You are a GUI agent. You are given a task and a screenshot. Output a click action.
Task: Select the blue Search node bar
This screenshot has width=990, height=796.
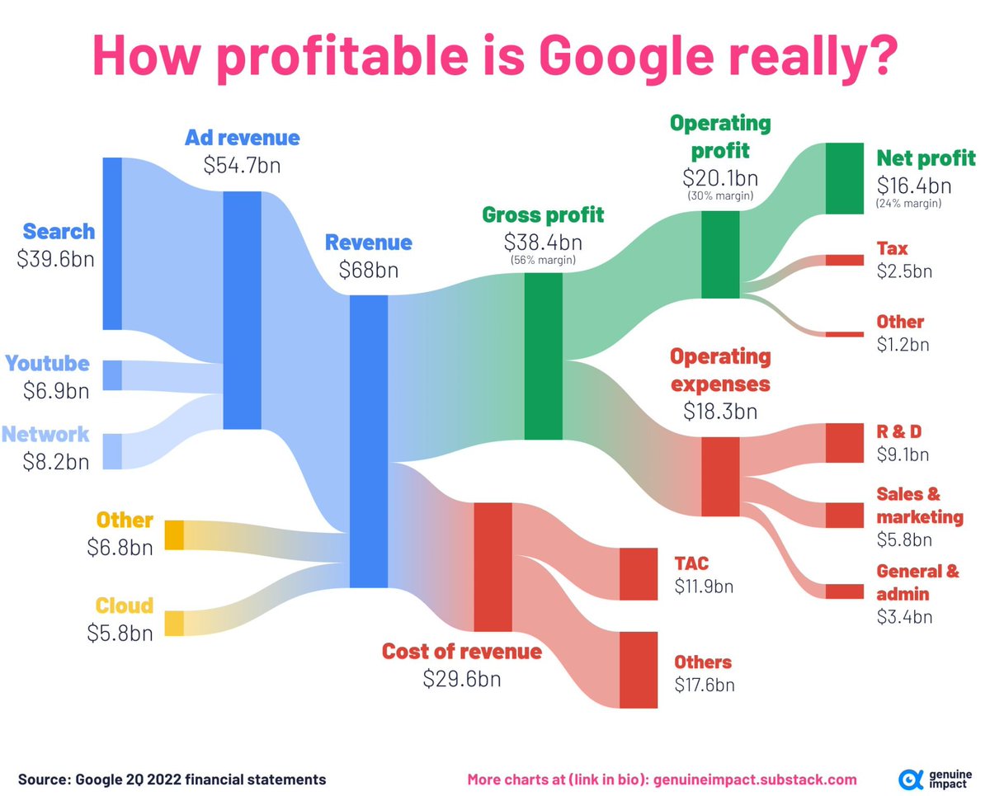point(112,243)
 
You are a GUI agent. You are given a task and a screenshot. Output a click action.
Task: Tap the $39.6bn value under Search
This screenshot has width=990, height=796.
point(55,259)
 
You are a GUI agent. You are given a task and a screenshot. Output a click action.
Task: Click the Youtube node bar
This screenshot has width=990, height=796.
point(112,375)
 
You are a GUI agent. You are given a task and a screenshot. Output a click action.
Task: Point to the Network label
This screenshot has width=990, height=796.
point(45,434)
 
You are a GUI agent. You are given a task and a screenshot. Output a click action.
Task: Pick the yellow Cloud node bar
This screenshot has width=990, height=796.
point(175,623)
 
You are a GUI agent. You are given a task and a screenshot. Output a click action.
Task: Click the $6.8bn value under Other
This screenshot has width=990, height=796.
point(120,547)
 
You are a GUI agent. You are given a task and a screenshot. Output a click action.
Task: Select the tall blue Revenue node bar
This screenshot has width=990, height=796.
point(369,441)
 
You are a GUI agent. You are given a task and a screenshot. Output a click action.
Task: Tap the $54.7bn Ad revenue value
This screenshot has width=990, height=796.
point(242,165)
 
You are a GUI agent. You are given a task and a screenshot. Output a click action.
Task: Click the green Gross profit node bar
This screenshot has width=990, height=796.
point(543,356)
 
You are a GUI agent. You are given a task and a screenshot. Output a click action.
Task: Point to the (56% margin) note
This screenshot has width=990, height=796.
point(543,261)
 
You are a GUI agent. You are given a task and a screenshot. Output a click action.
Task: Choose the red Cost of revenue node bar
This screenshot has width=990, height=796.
point(493,566)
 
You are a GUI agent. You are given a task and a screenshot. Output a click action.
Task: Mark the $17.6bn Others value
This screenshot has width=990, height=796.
point(704,684)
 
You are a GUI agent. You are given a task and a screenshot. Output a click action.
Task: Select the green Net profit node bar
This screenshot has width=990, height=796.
point(843,178)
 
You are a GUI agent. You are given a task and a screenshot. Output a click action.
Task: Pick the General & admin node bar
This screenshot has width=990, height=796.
point(843,591)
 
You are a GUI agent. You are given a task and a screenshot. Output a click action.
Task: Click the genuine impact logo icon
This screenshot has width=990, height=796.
point(911,779)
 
